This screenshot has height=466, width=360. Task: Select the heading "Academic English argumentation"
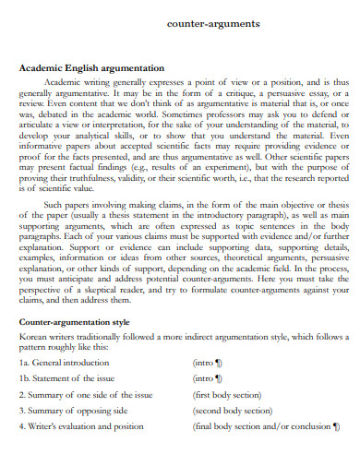pos(91,68)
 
